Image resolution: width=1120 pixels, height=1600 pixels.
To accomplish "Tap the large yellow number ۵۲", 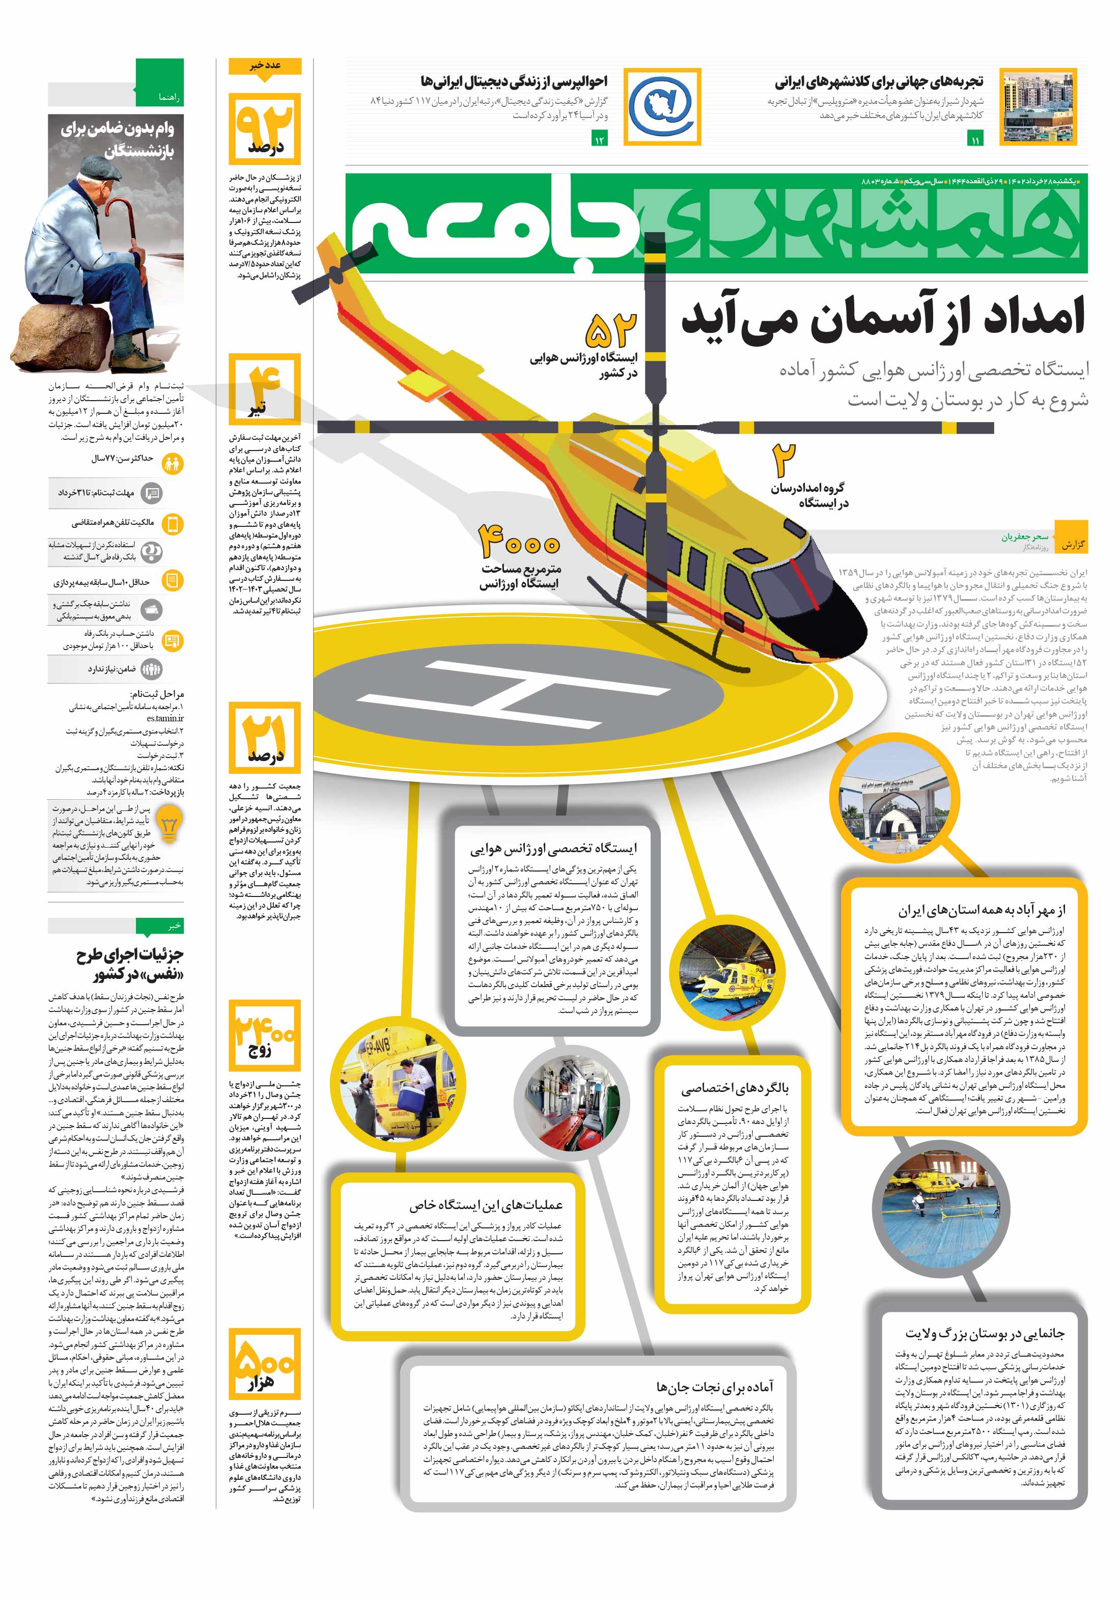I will [611, 330].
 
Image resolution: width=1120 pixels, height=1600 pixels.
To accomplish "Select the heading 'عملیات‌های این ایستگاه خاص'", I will [485, 1205].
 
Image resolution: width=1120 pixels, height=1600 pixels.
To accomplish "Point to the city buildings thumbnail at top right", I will [1038, 106].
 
